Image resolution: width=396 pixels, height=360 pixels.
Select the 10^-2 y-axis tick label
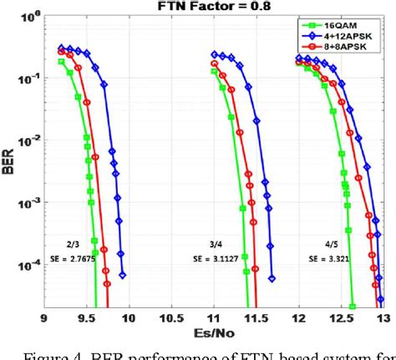click(28, 141)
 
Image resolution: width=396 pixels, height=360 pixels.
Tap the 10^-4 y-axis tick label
click(28, 265)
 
